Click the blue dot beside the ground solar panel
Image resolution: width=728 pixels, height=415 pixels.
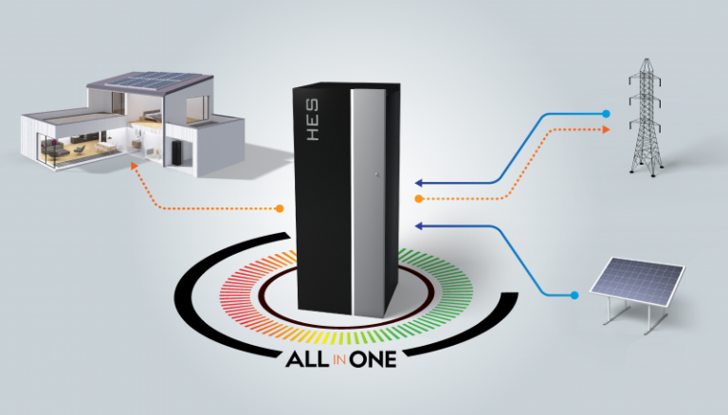click(x=574, y=297)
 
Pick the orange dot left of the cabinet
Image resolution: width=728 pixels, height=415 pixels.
click(x=281, y=207)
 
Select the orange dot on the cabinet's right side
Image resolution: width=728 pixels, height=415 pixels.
click(x=419, y=199)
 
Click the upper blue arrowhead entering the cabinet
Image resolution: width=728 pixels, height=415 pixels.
click(x=419, y=182)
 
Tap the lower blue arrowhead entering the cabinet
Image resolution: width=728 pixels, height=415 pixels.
click(x=419, y=226)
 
